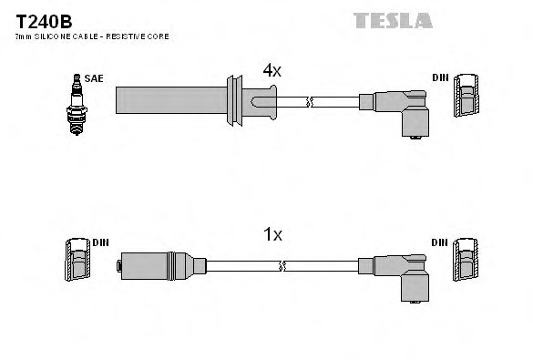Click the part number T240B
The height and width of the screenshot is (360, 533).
point(39,19)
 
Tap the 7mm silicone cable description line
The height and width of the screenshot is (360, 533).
point(92,36)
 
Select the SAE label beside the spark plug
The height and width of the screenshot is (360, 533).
point(94,78)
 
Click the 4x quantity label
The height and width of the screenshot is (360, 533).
point(272,69)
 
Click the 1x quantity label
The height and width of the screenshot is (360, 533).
point(272,234)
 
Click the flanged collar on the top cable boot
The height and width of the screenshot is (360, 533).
point(240,99)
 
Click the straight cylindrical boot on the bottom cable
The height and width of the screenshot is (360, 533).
point(155,265)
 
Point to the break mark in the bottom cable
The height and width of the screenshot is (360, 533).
point(284,265)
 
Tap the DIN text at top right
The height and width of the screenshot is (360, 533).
point(439,78)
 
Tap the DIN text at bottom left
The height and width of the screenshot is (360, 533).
point(100,243)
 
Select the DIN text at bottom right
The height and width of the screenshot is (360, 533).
point(439,243)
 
